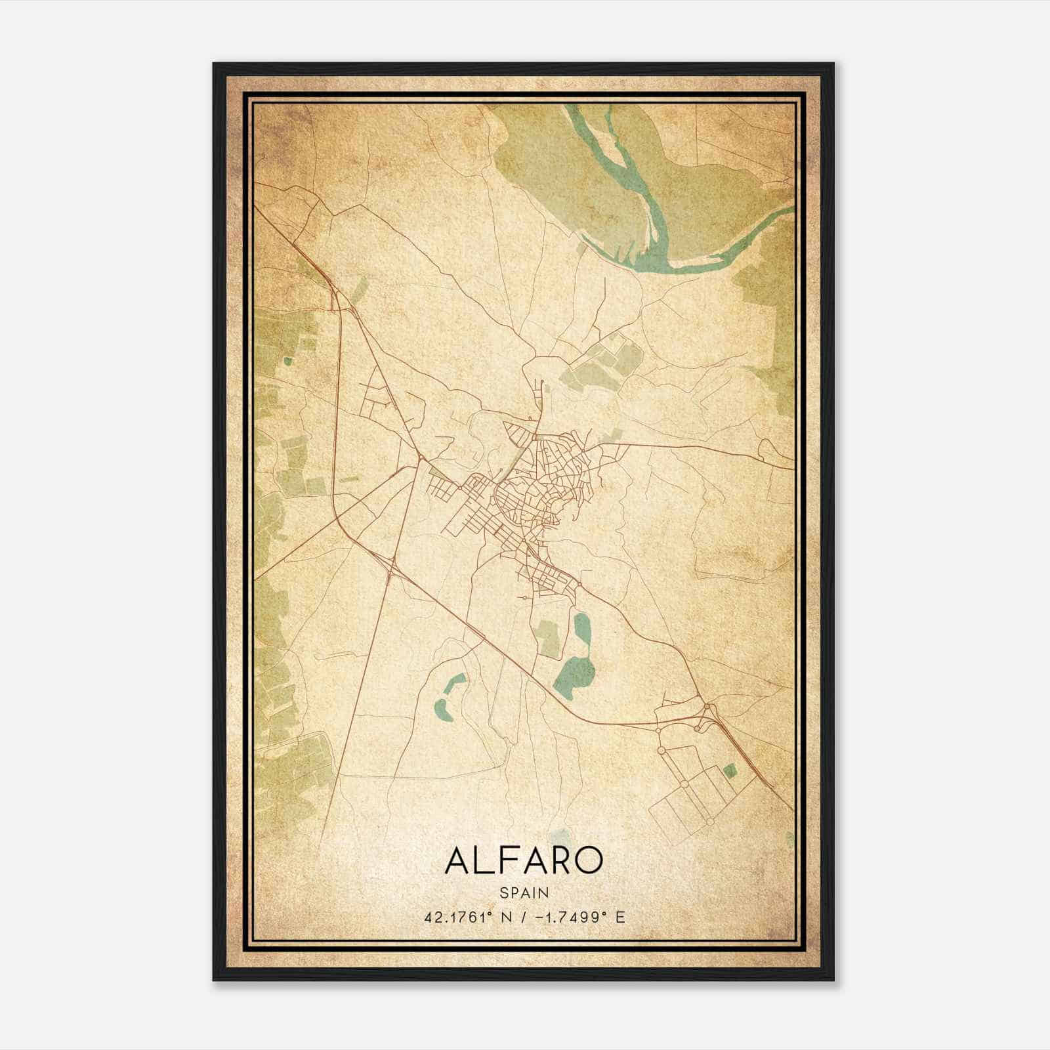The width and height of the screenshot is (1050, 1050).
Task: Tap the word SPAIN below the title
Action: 524,892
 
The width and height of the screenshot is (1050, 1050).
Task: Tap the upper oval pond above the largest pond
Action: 582,628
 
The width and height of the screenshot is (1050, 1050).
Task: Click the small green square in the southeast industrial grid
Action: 729,770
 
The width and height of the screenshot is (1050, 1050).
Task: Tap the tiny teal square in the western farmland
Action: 287,360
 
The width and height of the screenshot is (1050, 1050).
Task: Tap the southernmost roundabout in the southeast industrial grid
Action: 710,821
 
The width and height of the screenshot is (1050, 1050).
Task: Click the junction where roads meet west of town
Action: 419,455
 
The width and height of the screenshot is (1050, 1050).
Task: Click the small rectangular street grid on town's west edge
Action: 443,488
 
